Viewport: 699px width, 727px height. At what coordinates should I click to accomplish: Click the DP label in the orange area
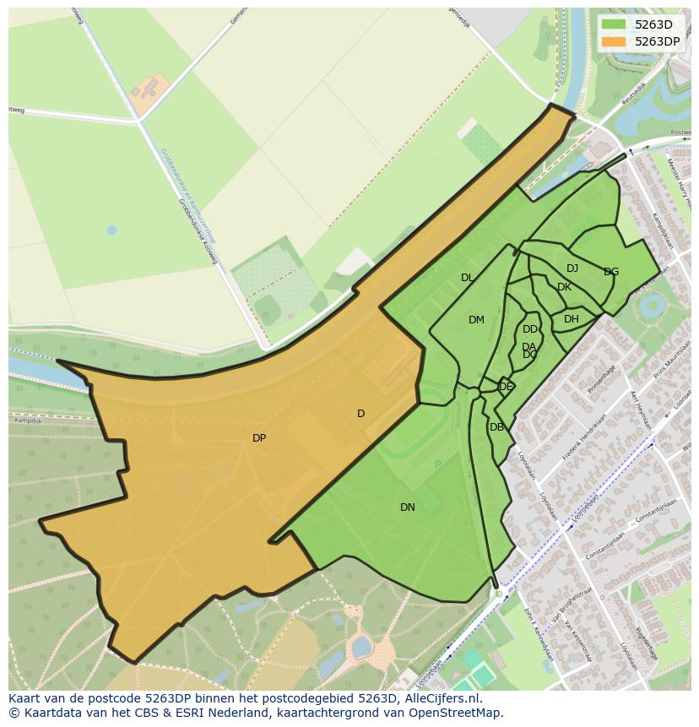click(259, 438)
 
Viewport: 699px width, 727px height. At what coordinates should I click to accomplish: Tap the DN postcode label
click(408, 507)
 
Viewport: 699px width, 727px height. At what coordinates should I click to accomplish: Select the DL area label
click(467, 278)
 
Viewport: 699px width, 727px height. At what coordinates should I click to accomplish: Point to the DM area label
click(476, 320)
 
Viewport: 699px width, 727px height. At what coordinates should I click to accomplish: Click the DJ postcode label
click(572, 269)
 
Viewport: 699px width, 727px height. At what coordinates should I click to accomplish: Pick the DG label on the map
click(611, 272)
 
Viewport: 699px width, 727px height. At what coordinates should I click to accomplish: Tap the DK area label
click(564, 287)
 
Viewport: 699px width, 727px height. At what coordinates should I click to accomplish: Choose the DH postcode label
click(572, 319)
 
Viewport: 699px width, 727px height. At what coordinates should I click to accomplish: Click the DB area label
click(496, 427)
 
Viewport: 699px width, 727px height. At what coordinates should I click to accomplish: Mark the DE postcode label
click(506, 387)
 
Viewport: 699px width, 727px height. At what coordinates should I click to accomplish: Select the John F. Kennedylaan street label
click(530, 625)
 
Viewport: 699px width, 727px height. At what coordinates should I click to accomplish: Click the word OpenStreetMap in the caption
click(459, 713)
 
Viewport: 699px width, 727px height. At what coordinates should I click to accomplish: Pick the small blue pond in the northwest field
click(111, 230)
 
